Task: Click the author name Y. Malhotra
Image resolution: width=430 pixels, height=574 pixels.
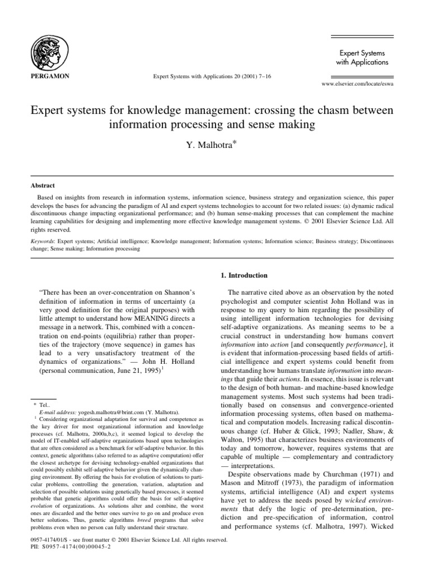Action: tap(213, 146)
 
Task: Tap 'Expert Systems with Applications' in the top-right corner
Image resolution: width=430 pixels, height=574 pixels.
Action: tap(362, 57)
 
